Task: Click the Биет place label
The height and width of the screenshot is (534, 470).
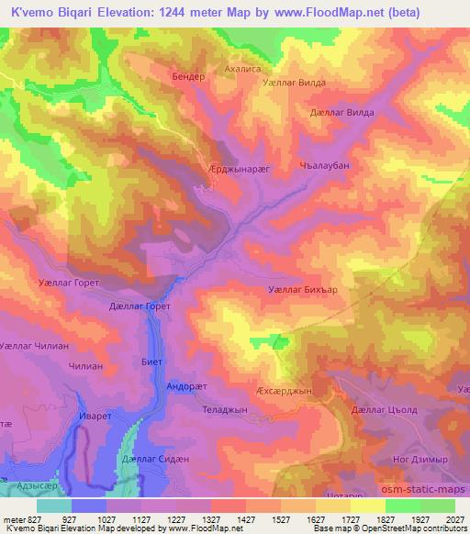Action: click(152, 362)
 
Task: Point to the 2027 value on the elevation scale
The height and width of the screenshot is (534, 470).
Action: click(453, 519)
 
